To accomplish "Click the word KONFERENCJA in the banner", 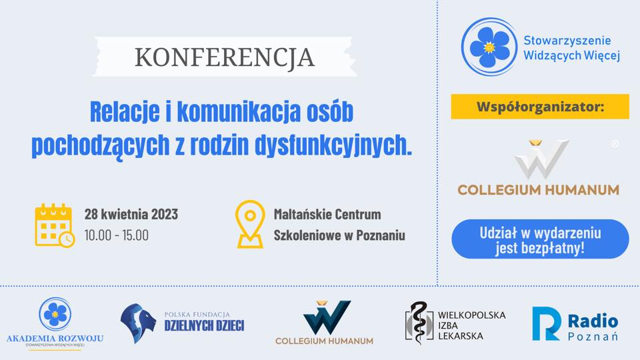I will pyautogui.click(x=224, y=57).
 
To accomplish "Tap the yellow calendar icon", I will pyautogui.click(x=54, y=225).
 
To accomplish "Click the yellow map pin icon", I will pyautogui.click(x=250, y=225).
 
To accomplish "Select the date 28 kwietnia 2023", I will pyautogui.click(x=131, y=215).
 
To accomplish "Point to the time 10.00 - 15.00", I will pyautogui.click(x=117, y=235).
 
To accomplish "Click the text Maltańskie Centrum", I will pyautogui.click(x=327, y=215).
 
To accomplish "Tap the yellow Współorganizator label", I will pyautogui.click(x=540, y=107).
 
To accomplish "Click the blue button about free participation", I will pyautogui.click(x=540, y=239).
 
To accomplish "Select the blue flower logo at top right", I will pyautogui.click(x=490, y=47).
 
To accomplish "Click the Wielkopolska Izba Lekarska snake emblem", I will pyautogui.click(x=418, y=323).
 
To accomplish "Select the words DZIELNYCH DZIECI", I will pyautogui.click(x=204, y=326).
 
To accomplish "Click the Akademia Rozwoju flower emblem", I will pyautogui.click(x=55, y=313).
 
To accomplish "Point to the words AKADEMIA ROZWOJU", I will pyautogui.click(x=55, y=338).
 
